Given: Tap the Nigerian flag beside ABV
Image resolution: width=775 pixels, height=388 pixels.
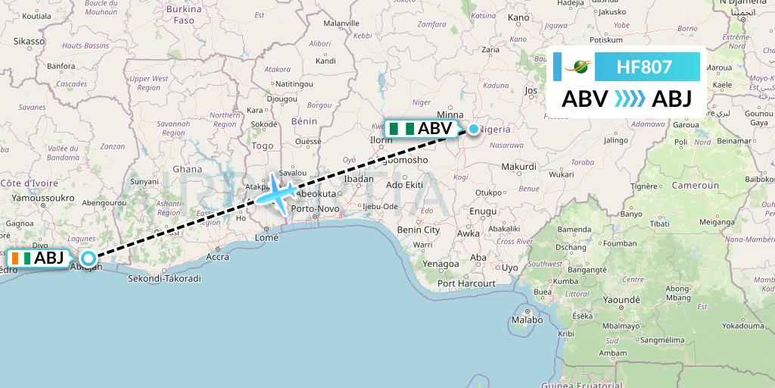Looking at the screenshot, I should tap(403, 129).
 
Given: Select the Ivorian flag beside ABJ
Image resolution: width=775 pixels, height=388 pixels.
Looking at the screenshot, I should tap(22, 258).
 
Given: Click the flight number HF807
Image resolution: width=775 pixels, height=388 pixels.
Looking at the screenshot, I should tap(644, 67).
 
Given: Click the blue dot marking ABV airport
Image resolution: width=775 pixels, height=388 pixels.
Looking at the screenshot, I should tap(473, 129).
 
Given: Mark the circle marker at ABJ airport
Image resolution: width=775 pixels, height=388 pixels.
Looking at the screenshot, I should tap(89, 258).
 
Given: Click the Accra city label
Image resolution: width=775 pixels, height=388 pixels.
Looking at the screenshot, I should tap(217, 257).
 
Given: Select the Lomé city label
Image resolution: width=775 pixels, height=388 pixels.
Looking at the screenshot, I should tap(266, 237).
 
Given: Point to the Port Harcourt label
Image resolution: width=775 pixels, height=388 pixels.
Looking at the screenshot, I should tap(466, 283).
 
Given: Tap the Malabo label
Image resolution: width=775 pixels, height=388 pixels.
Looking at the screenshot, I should tap(528, 320).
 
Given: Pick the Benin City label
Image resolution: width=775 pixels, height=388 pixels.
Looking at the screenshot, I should tap(419, 230).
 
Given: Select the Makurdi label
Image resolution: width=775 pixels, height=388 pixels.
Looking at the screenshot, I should tap(519, 166).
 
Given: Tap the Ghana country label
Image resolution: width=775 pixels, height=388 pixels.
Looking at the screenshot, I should tap(187, 169).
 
